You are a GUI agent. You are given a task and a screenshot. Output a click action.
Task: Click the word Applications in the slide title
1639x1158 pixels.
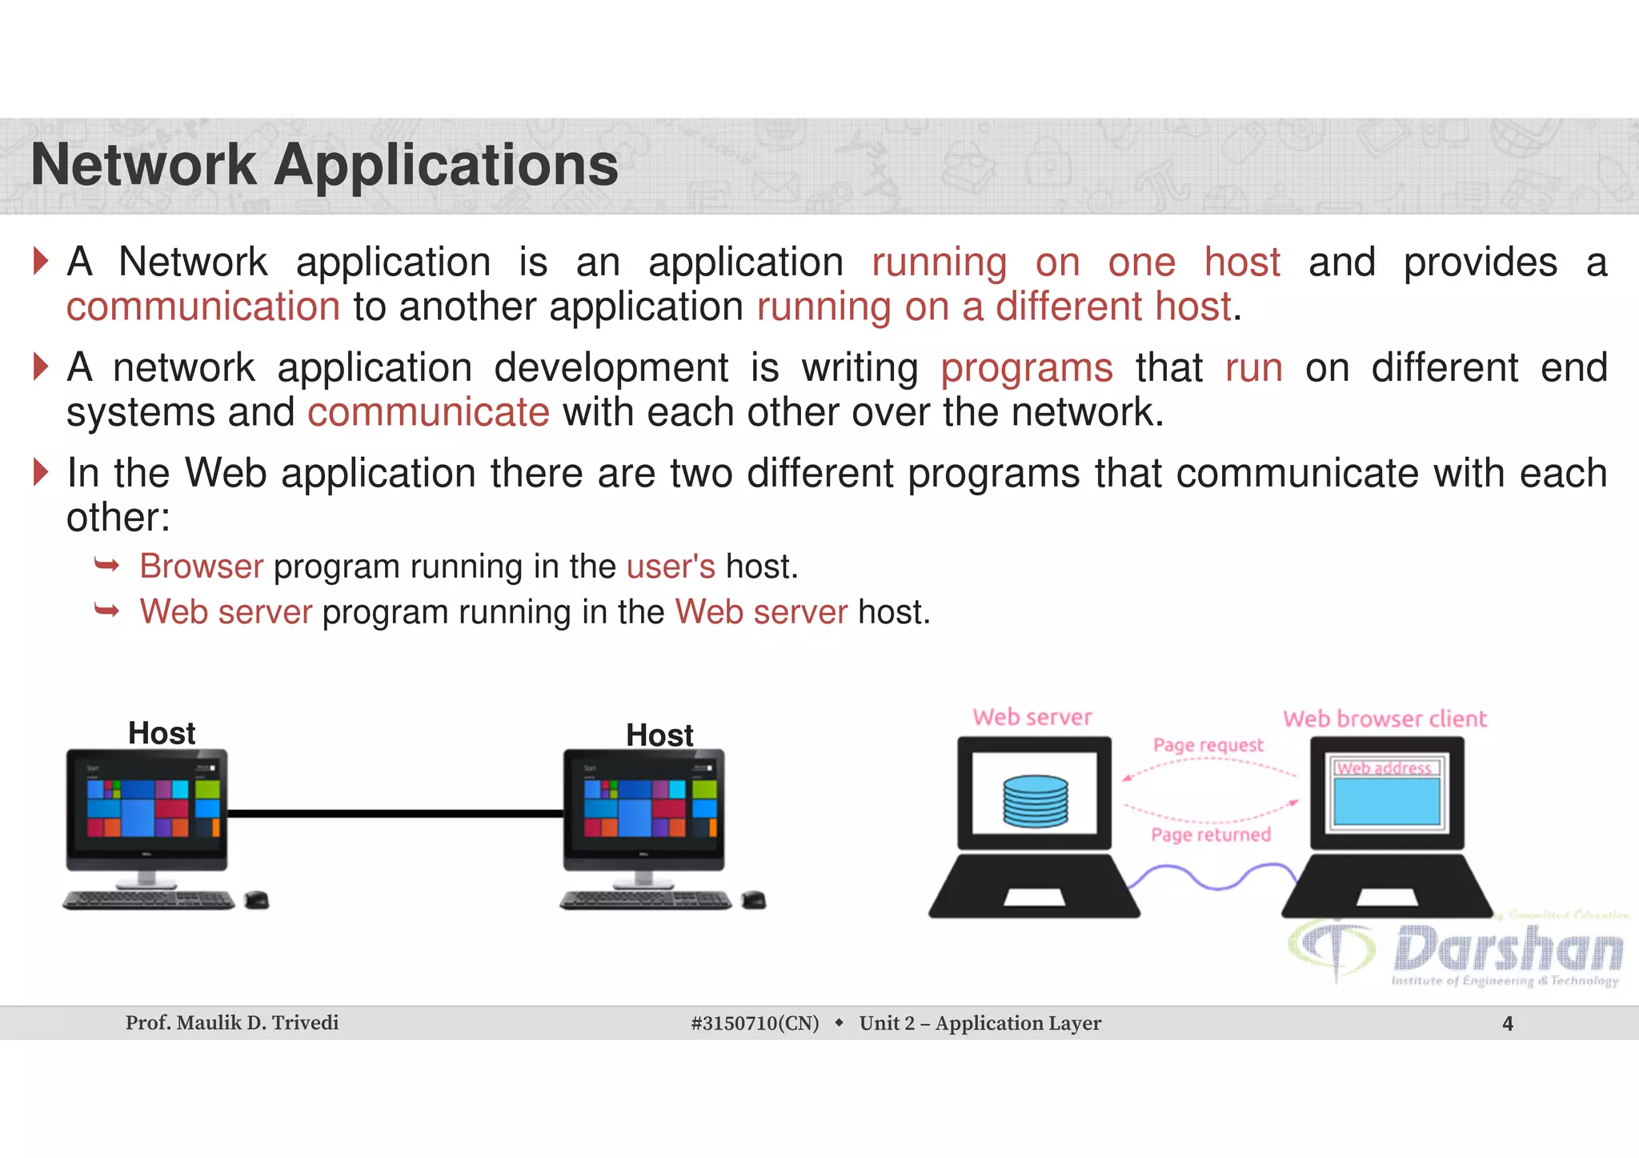446,166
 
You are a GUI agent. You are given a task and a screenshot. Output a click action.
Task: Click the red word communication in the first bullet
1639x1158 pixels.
203,307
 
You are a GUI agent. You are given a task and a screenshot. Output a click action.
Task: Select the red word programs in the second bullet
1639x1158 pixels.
1026,369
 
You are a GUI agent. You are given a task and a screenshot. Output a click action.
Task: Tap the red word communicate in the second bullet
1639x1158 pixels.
428,413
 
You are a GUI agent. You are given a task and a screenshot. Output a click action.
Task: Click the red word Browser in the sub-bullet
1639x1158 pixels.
202,567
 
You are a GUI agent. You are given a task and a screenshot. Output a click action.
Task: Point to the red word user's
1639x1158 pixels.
671,567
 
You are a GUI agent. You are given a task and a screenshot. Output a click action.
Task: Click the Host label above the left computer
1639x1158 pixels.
162,733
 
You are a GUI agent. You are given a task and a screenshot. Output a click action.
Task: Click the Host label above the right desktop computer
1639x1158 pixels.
659,735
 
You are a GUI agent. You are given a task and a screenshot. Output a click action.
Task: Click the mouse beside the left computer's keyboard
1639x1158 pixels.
256,900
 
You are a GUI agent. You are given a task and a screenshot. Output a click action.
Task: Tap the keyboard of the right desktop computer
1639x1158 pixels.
645,900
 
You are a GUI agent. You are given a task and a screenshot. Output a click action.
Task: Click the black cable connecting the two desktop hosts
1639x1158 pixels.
395,814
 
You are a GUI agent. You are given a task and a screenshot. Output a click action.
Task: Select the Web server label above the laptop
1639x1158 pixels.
1032,717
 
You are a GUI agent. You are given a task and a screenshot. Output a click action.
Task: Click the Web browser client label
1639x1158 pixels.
1385,719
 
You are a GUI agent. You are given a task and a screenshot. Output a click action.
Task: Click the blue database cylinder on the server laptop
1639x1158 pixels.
1036,800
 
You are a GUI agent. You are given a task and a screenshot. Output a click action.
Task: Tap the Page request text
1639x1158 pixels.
1208,745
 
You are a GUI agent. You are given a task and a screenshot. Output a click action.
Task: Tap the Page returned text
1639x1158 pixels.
1210,835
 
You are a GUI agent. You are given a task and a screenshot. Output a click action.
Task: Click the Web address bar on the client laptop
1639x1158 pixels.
1385,768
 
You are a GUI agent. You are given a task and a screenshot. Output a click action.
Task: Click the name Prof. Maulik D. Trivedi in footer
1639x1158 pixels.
232,1023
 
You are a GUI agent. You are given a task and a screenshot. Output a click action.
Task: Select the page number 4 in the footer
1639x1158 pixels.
1508,1024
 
